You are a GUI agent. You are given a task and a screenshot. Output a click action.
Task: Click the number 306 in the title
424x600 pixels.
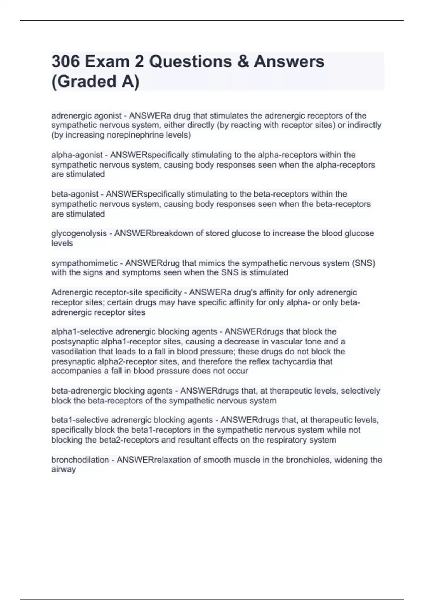coord(66,62)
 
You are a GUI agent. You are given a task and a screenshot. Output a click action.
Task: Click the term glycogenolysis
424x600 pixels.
coord(79,233)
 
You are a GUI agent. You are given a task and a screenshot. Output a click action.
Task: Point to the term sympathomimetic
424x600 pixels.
coord(84,263)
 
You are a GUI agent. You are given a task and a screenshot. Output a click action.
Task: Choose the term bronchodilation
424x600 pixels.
coord(80,460)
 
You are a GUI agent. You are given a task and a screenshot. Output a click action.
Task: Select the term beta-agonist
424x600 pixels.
coord(75,194)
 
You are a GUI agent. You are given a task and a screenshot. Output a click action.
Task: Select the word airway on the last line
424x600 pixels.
coord(64,469)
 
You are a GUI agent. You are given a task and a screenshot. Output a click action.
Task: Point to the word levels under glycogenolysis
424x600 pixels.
coord(62,243)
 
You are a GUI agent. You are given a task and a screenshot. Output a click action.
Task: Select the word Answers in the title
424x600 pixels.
coord(289,62)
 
